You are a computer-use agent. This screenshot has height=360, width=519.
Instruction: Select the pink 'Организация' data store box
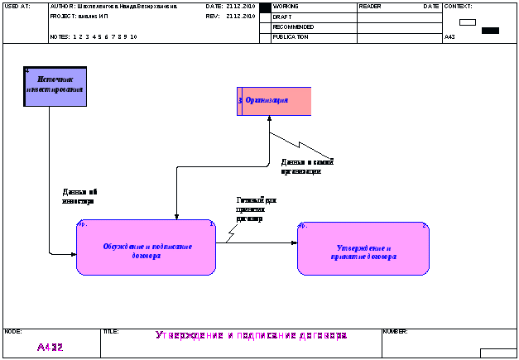click(x=275, y=100)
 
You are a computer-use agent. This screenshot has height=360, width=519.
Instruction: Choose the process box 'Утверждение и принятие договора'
click(x=363, y=249)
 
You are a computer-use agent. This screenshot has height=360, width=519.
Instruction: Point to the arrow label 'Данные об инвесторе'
click(x=79, y=196)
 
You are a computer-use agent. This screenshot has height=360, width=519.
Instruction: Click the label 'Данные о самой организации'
click(x=306, y=166)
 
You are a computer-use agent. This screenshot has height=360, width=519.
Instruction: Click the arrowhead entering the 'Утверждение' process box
click(x=294, y=243)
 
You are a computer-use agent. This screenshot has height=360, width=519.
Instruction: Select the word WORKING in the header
click(x=286, y=6)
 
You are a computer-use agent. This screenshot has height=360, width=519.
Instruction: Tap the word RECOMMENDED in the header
click(x=294, y=26)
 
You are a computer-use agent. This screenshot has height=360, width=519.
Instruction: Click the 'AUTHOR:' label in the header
click(x=63, y=6)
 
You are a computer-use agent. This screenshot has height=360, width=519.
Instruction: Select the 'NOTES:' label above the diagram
click(x=60, y=37)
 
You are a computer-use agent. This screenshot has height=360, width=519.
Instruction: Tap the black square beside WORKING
click(x=265, y=7)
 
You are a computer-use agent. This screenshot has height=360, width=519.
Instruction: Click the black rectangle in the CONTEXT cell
click(x=490, y=31)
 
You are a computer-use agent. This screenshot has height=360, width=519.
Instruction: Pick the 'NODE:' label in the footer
click(x=13, y=331)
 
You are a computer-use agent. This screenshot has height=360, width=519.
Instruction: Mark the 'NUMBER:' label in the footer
click(x=395, y=331)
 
